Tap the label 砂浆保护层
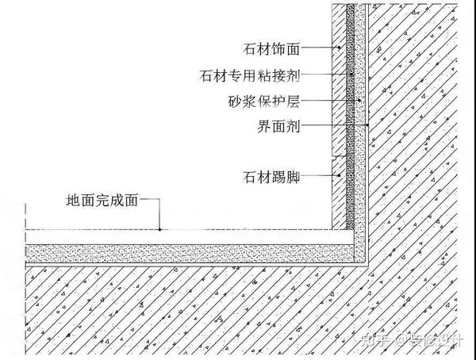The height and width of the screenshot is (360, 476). coord(268,101)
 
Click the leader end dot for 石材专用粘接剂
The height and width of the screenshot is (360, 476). coord(351,75)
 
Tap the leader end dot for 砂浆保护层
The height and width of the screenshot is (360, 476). coord(359,101)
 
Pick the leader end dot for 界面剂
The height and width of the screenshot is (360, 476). coord(368,125)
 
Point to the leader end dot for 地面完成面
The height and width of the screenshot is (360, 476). coord(160,229)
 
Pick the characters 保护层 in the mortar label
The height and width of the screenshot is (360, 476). coord(282,101)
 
